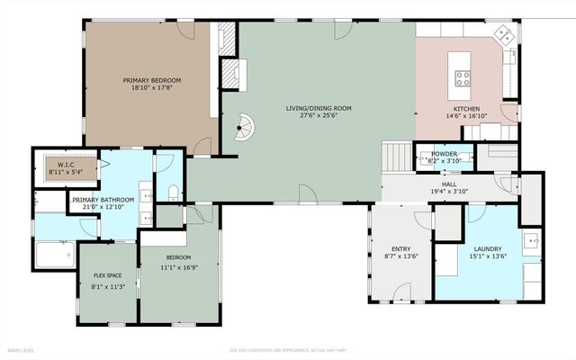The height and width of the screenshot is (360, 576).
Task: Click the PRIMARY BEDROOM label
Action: (146, 80)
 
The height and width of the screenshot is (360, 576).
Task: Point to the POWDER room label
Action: (444, 154)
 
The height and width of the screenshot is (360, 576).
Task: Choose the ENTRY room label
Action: (401, 249)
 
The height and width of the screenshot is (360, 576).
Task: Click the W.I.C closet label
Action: (67, 165)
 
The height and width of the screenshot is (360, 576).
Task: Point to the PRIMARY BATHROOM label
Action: (103, 200)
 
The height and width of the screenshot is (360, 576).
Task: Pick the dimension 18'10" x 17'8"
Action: (146, 88)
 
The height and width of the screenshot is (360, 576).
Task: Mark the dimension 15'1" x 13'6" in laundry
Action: (488, 257)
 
